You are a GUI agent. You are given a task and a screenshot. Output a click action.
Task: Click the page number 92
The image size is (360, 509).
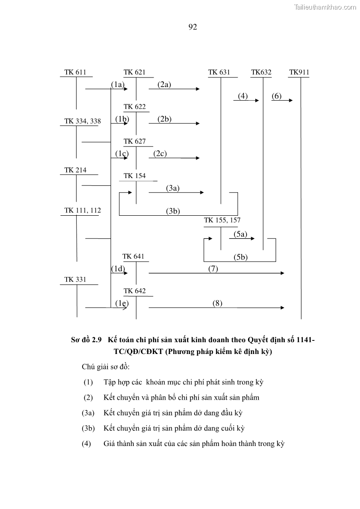[192, 27]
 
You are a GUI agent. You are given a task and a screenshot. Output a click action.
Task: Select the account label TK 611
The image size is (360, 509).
[75, 72]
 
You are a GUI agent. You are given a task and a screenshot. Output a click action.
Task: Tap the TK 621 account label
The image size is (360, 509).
[135, 72]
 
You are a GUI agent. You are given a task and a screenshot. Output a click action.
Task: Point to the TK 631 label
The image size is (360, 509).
[219, 72]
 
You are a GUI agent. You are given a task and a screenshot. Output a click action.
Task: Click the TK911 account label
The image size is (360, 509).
[299, 72]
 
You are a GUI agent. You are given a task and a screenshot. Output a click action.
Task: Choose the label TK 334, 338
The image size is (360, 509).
[83, 121]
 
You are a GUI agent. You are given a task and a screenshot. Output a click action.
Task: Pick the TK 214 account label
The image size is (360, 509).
[75, 170]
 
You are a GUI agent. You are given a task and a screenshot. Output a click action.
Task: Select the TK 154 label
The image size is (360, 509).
[135, 176]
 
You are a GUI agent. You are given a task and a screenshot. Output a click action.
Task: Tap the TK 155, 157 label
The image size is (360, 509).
[222, 220]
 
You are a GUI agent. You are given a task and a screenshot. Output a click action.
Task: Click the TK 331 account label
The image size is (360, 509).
[75, 280]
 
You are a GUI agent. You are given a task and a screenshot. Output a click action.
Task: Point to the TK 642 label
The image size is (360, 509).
[135, 291]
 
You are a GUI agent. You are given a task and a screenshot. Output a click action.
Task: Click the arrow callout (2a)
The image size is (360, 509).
[164, 84]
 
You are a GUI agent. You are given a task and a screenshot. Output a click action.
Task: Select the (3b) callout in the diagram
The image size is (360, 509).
[173, 211]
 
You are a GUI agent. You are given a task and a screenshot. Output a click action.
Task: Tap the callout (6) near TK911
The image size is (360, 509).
[277, 96]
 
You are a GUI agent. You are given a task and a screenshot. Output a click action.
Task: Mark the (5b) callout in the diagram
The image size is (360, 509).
[241, 257]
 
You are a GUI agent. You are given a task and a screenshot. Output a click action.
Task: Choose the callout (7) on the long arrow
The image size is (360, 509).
[213, 269]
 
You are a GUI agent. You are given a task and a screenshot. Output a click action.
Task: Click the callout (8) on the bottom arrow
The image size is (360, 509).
[217, 303]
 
